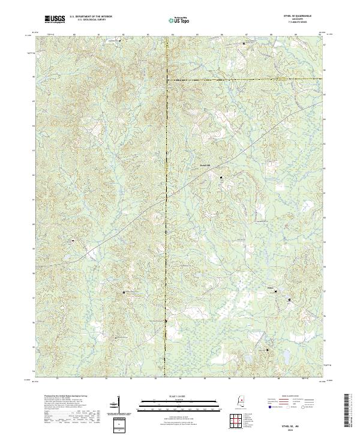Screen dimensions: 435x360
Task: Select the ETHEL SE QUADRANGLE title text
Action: click(x=301, y=16)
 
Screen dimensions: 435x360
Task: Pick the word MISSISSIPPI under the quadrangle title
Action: click(x=301, y=19)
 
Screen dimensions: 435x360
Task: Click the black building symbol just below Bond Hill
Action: click(x=220, y=178)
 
